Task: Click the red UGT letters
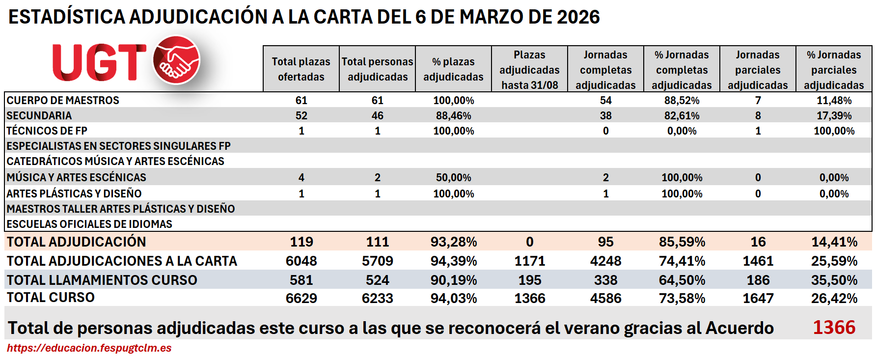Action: coord(99,62)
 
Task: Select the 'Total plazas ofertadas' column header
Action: coord(301,69)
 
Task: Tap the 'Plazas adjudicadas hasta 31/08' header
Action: coord(529,70)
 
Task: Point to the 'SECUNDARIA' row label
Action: coord(39,115)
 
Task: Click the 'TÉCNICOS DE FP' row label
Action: coord(47,131)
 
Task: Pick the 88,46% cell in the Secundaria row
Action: coord(453,115)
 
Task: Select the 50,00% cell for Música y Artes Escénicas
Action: coord(453,177)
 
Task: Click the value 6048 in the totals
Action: coord(301,261)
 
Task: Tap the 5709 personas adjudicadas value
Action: coord(377,261)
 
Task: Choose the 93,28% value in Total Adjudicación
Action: coord(453,242)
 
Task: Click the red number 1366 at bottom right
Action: coord(834,327)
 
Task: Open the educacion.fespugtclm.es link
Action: coord(89,348)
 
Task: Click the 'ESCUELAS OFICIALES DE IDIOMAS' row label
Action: coord(89,224)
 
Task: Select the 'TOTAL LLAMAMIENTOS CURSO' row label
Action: coord(102,280)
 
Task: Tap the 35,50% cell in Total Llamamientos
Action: coord(834,280)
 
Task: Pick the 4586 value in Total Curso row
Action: coord(605,298)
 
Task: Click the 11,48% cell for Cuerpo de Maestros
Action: coord(834,100)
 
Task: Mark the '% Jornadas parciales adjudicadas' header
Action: coord(834,70)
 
